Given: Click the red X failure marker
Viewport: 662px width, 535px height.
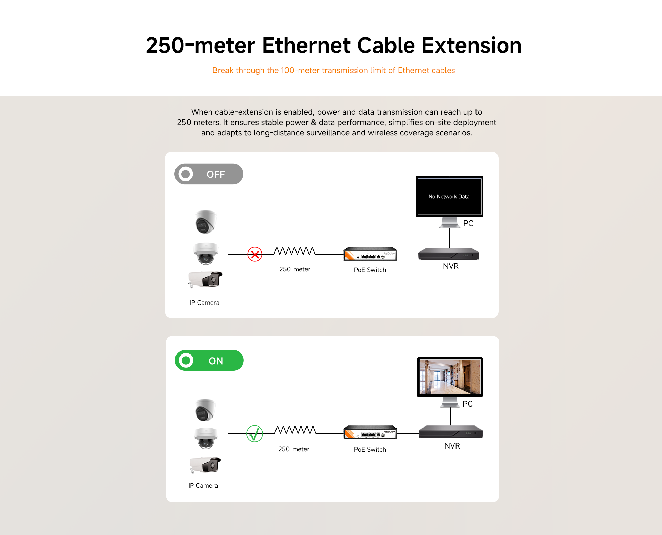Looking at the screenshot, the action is coord(255,255).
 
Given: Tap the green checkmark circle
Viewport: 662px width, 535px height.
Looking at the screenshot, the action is coord(254,434).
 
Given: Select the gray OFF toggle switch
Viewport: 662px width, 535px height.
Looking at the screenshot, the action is coord(209,174).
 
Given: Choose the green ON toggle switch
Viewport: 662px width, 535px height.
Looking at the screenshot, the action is coord(209,360).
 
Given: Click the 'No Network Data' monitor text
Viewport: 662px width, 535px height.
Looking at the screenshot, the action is coord(449,197).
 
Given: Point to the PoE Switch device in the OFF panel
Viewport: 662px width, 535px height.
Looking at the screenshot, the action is coord(370,254).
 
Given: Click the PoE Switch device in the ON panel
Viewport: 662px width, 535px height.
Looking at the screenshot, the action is coord(370,432).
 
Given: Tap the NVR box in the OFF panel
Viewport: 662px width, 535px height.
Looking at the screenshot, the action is coord(449,254).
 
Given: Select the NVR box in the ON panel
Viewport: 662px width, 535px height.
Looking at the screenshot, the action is coord(450,432).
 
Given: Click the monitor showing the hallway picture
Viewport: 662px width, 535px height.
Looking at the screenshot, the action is coord(450,382).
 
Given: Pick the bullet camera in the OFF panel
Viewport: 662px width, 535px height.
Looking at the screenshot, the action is coord(205,279).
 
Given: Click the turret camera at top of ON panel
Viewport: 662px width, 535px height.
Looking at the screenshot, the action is coord(205,410).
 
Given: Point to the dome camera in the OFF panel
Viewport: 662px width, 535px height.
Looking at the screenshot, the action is coord(206,253).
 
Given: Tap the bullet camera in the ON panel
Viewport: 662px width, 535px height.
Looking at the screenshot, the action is coord(205,465).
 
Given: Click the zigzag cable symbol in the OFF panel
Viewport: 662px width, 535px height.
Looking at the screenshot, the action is coord(295,251).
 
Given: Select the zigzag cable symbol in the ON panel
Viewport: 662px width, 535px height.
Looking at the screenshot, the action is coord(295,430).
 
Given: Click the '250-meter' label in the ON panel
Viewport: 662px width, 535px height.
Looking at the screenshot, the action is coord(294,449).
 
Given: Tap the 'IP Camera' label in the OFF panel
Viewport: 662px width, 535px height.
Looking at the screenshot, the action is coord(204,303).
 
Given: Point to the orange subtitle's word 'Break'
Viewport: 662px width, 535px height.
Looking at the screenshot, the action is coord(223,70).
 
